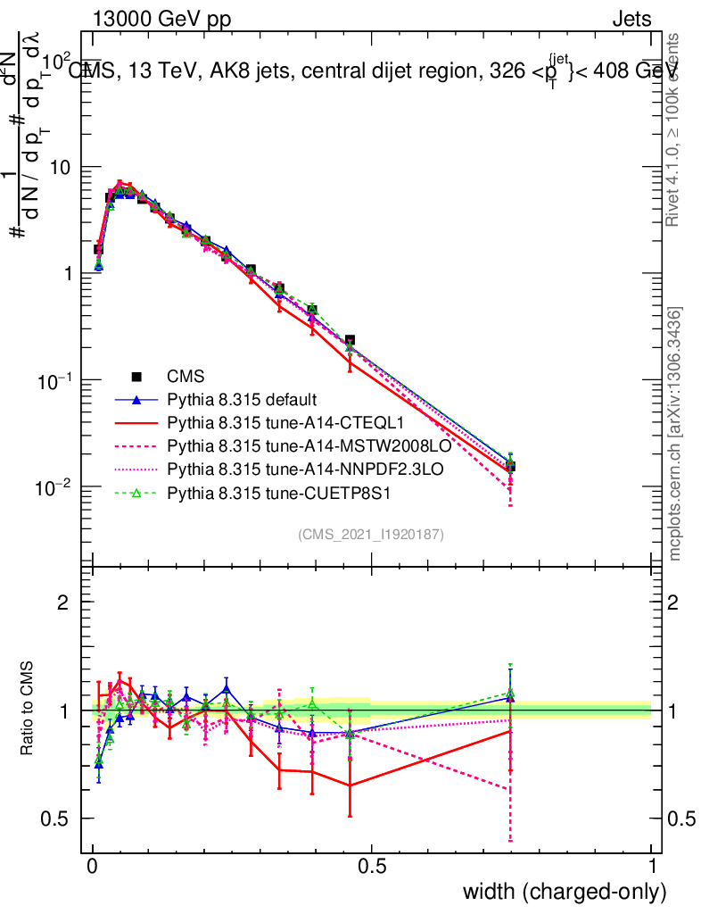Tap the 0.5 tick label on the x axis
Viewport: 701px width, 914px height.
pos(372,866)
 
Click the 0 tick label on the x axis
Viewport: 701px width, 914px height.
pos(93,866)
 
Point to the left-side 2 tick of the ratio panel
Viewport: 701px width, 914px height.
pos(64,603)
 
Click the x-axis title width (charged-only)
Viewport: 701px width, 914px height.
pos(564,892)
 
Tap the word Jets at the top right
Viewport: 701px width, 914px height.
pos(631,20)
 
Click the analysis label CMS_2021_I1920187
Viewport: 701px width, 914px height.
pos(371,535)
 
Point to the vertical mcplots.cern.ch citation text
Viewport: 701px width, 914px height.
pos(675,434)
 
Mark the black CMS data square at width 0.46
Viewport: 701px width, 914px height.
pos(350,341)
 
